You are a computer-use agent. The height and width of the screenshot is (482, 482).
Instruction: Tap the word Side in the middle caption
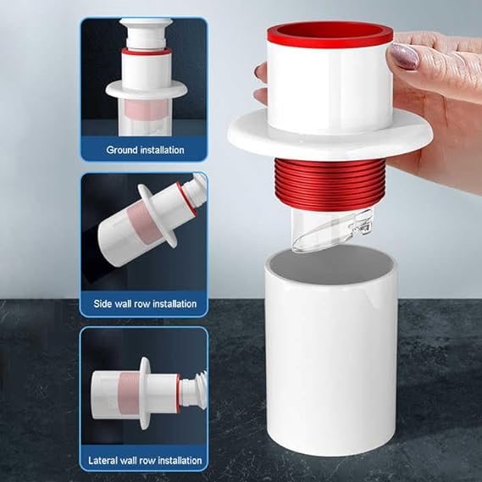tap(102, 304)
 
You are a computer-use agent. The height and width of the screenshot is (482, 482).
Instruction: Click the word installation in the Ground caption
tap(163, 150)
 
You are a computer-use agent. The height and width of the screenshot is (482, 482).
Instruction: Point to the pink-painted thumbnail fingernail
tap(404, 56)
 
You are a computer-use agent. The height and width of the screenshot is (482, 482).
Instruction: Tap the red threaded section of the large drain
tap(330, 184)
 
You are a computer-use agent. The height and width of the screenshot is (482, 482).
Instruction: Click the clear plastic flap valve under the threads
tap(332, 230)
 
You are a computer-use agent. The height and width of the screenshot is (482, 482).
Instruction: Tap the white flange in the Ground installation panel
tap(147, 91)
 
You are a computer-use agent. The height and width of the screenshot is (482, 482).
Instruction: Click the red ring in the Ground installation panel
tap(147, 51)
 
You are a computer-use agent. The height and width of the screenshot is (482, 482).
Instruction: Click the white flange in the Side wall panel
tap(157, 215)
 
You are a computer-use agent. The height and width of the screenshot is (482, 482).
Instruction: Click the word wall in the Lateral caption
tap(129, 461)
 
